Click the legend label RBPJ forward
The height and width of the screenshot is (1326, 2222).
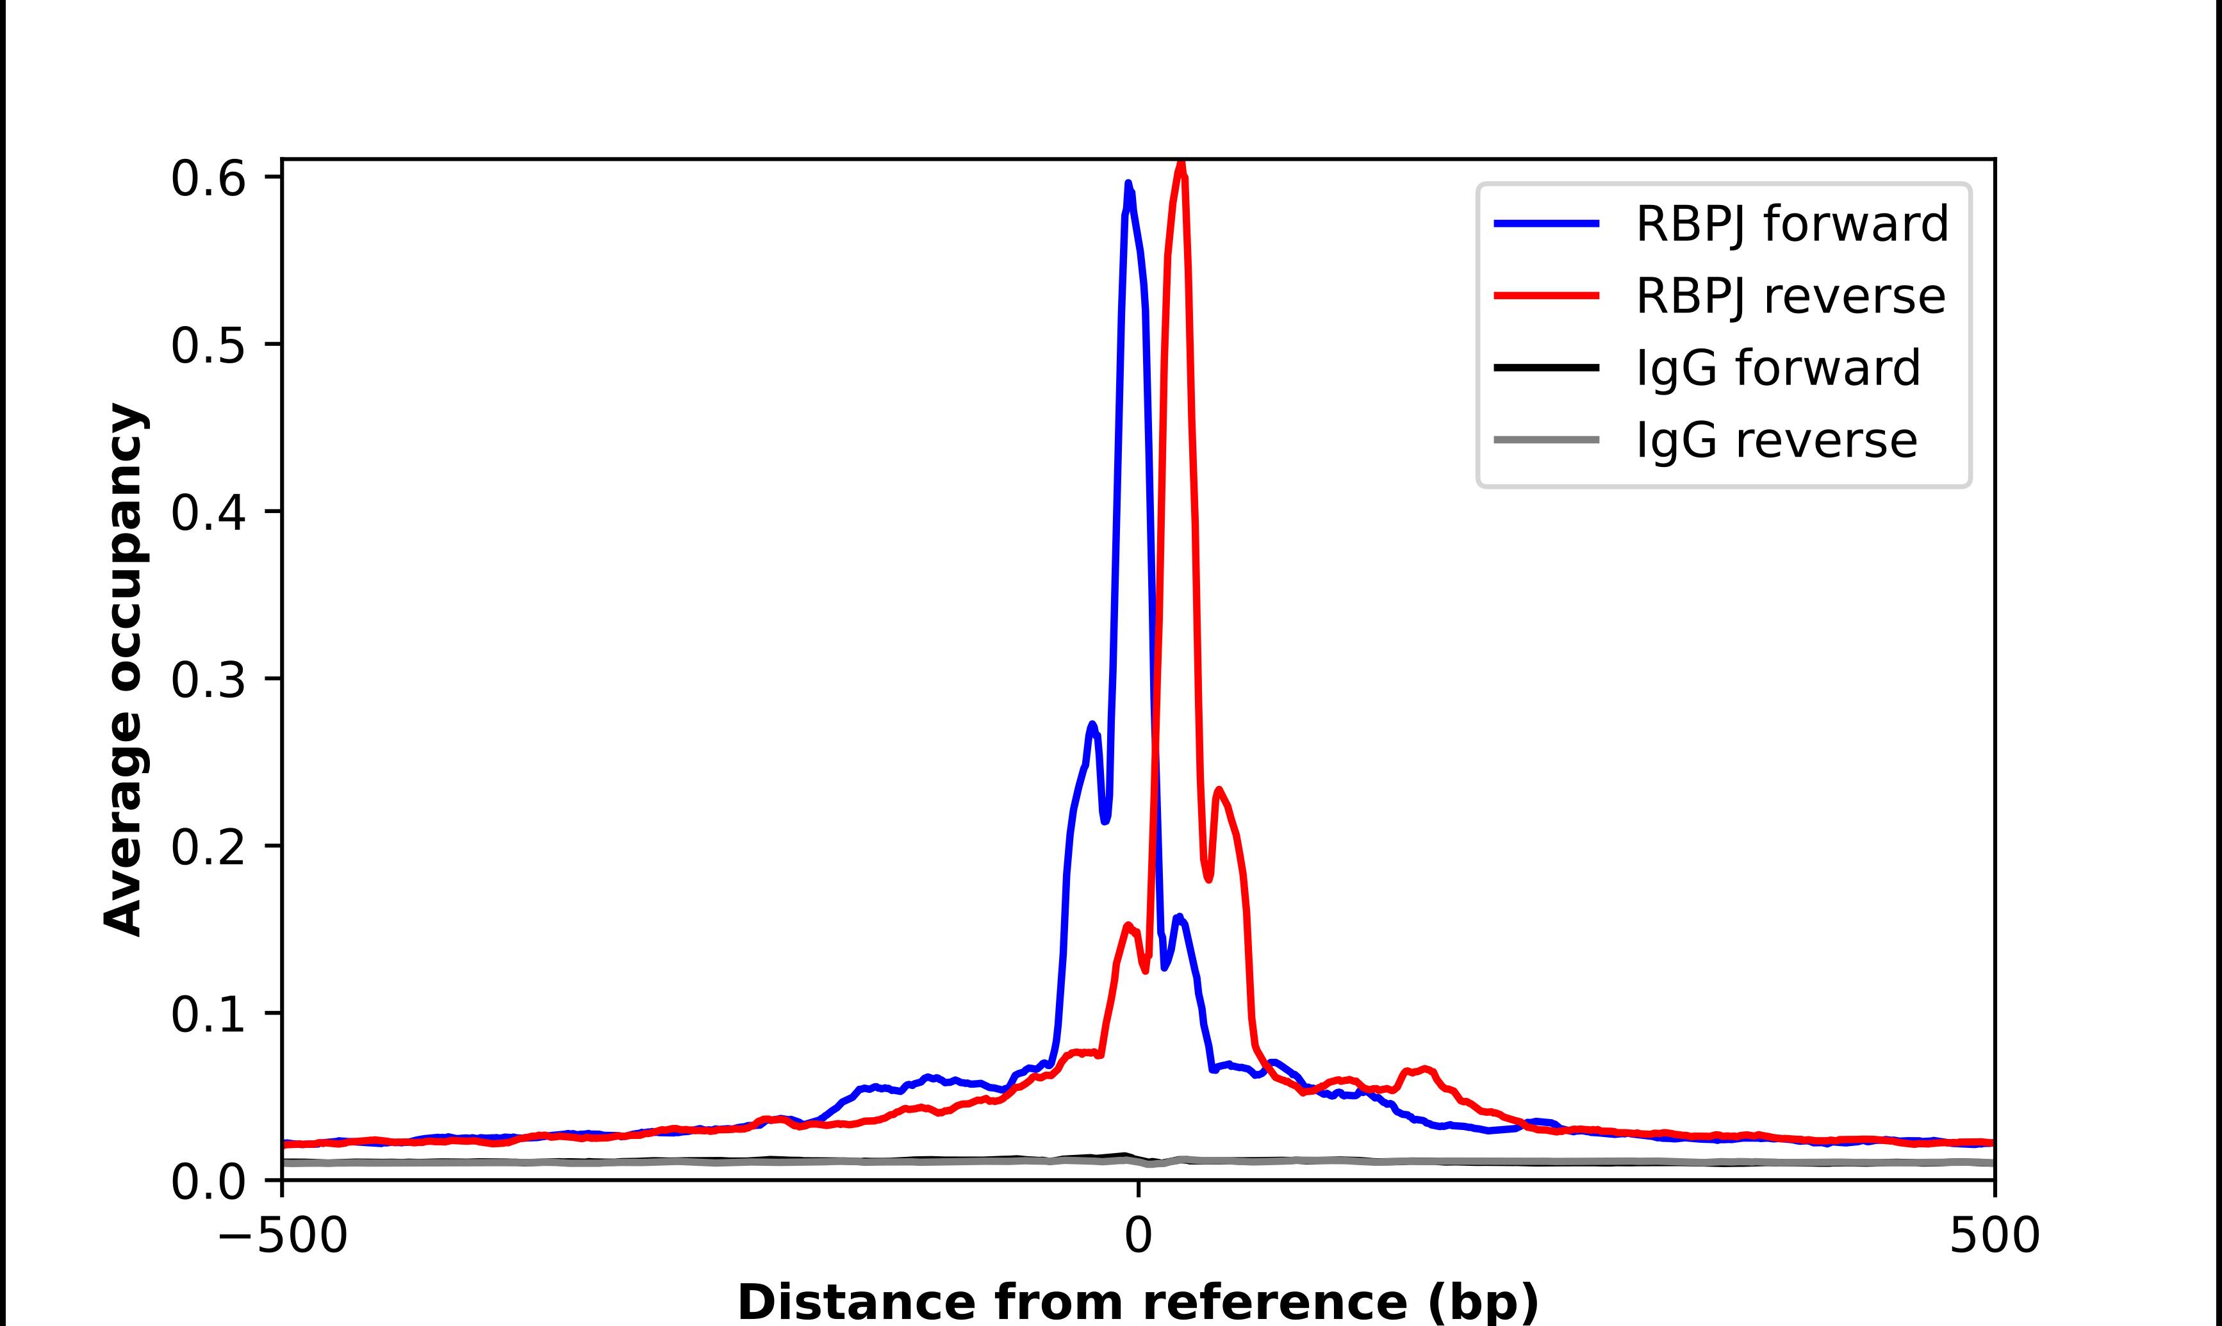pyautogui.click(x=1791, y=224)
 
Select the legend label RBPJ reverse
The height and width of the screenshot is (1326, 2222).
pyautogui.click(x=1790, y=296)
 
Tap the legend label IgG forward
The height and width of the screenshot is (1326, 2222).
pyautogui.click(x=1777, y=368)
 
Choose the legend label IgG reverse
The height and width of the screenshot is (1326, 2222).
pyautogui.click(x=1776, y=441)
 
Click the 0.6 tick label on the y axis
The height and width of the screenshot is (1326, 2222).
pyautogui.click(x=208, y=179)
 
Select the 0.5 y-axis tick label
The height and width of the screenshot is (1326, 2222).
pyautogui.click(x=208, y=345)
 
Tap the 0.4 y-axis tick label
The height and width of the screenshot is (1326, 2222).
pyautogui.click(x=208, y=512)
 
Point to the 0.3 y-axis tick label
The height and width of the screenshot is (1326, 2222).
pyautogui.click(x=208, y=679)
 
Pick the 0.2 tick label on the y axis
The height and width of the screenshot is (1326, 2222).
pyautogui.click(x=208, y=846)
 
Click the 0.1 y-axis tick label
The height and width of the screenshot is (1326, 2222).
pyautogui.click(x=208, y=1013)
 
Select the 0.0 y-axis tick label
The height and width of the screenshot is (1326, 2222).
pyautogui.click(x=208, y=1181)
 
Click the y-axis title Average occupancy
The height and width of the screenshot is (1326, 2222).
pyautogui.click(x=123, y=670)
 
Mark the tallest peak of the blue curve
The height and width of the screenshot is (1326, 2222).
pyautogui.click(x=1128, y=184)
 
